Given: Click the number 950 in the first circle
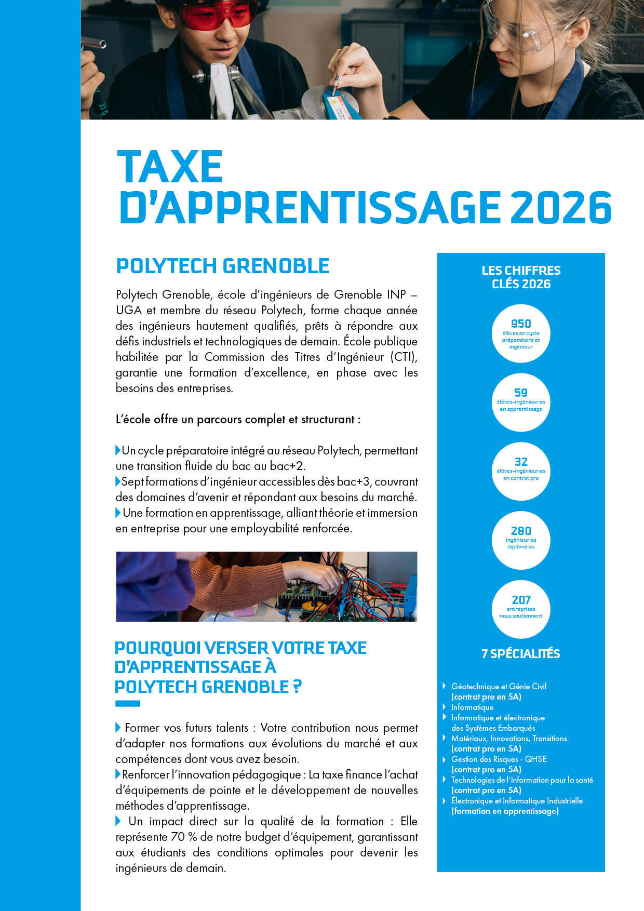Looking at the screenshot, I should point(521,324).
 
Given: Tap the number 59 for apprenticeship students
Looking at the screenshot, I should point(521,393).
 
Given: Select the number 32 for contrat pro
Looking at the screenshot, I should point(521,462).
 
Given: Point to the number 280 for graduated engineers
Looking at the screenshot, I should point(521,531).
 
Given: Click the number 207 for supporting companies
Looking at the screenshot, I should point(521,600).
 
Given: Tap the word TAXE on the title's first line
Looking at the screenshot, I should point(170,167).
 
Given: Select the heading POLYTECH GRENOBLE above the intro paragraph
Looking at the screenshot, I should point(222,266).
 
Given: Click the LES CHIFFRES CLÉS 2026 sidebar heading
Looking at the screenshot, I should point(521,277).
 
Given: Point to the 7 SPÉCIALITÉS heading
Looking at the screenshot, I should point(521,653).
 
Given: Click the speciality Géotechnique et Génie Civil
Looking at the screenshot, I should point(499,687).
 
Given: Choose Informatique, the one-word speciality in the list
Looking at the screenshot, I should point(472,707).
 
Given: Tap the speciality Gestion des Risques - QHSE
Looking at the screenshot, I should point(499,759).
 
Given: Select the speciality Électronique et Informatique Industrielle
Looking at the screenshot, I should point(517,801).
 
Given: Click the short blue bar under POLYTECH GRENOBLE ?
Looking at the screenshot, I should point(128,704).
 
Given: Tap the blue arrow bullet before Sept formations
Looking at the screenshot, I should point(118,481).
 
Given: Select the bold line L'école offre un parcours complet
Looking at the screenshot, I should point(238,419).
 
